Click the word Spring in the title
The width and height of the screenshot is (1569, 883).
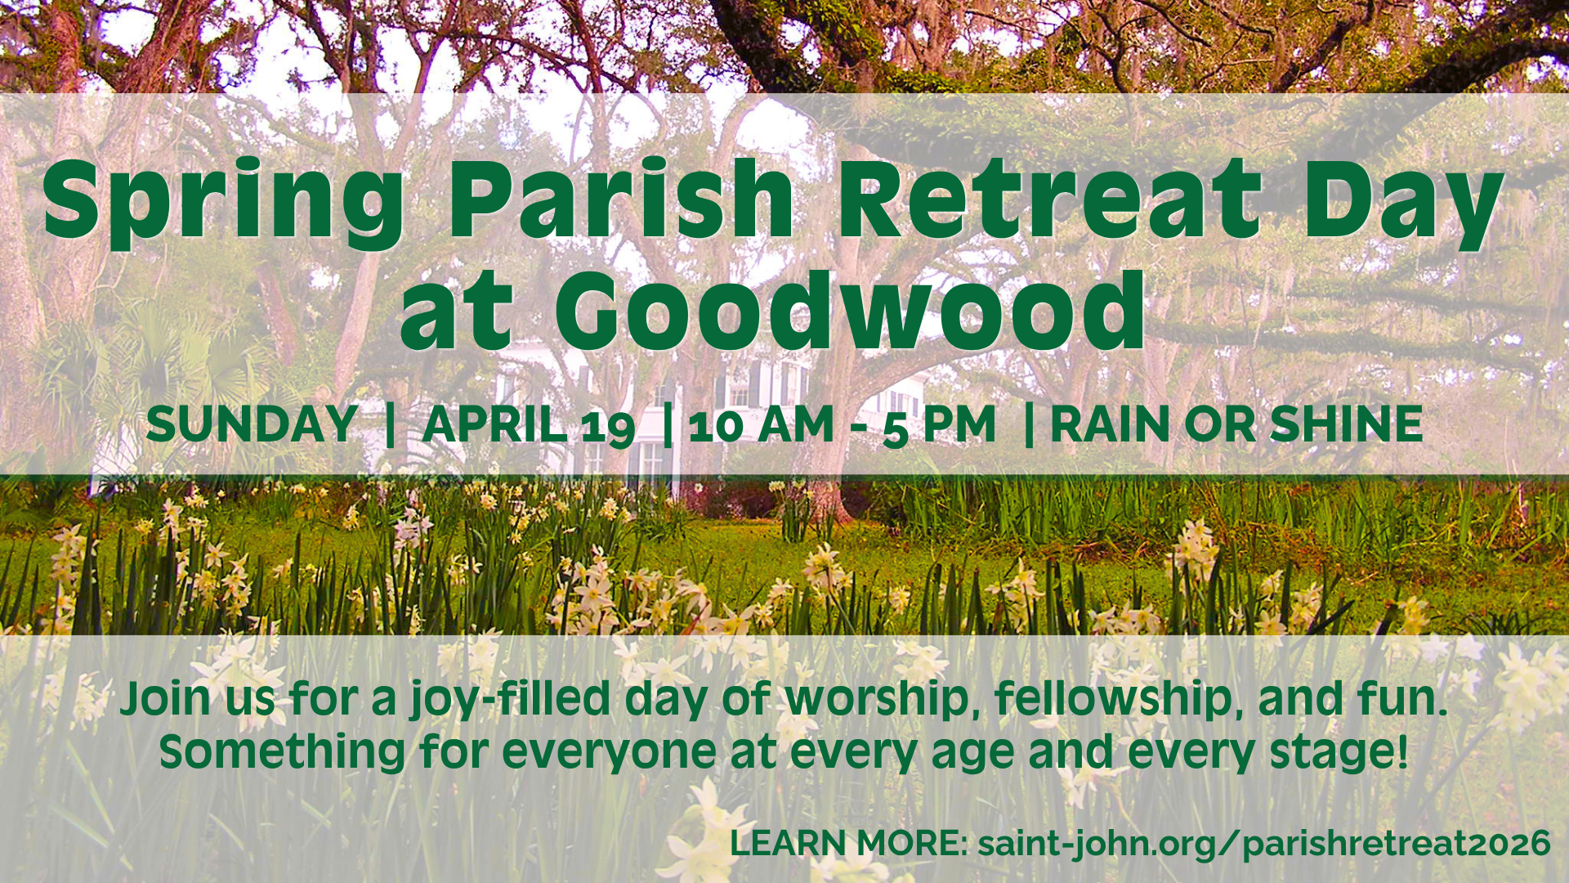tap(223, 203)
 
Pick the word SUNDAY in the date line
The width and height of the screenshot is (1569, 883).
tap(252, 424)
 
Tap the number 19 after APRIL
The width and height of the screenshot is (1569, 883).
tap(608, 427)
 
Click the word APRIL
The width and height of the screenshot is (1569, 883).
tap(494, 424)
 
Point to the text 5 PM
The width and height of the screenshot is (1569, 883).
tap(939, 426)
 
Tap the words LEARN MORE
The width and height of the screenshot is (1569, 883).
tap(848, 844)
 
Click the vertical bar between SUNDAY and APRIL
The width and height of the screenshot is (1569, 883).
tap(390, 424)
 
